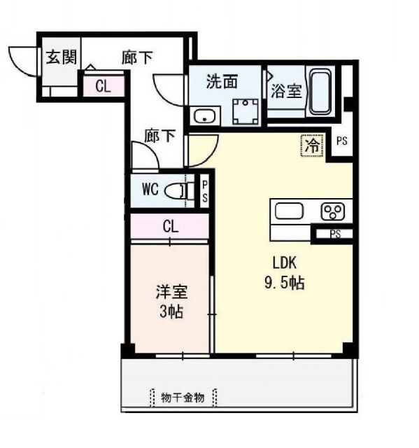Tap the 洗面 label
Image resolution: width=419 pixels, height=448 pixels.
222,80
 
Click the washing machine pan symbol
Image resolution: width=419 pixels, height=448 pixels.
245,109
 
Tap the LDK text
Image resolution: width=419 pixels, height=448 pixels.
285,263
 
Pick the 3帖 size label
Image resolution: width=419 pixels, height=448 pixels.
171,312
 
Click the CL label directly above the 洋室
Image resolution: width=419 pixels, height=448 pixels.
169,226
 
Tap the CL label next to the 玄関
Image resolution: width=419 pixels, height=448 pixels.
103,87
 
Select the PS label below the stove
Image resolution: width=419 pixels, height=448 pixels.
335,234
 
